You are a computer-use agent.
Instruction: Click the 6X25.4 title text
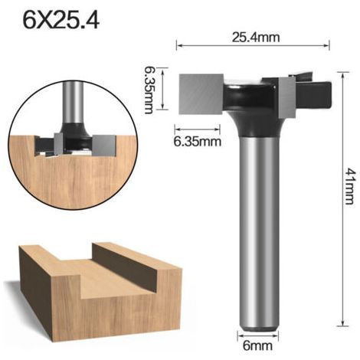(x=61, y=20)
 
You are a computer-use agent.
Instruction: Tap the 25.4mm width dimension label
(x=256, y=38)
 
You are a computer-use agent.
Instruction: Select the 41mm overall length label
(x=349, y=186)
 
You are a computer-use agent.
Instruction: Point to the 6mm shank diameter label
(x=257, y=346)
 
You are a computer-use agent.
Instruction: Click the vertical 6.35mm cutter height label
(x=149, y=90)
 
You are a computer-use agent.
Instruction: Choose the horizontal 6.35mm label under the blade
(x=198, y=141)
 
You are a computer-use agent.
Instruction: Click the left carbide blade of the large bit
(x=201, y=93)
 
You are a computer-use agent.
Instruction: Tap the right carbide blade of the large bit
(x=287, y=97)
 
